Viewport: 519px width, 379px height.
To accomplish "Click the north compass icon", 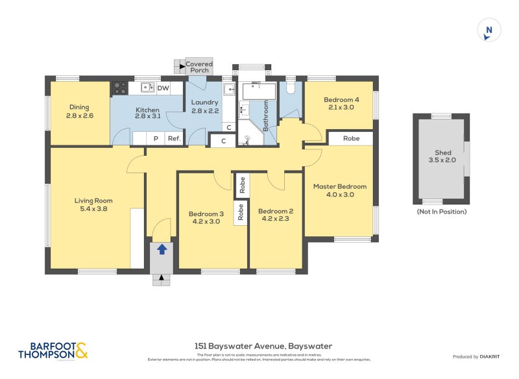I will tap(489, 31).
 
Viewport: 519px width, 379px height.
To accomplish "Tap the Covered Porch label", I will tap(199, 67).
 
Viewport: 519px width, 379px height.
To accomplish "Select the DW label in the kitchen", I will tap(163, 88).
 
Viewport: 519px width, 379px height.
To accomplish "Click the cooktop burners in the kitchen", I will tap(120, 88).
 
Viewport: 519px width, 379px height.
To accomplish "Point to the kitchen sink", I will tap(147, 88).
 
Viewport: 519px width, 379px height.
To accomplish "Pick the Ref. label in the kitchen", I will tap(174, 138).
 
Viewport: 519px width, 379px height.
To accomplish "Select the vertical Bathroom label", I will tap(266, 117).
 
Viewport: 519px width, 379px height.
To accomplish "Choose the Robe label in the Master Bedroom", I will tap(351, 138).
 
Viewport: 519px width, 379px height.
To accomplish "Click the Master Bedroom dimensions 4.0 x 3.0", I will tap(340, 195).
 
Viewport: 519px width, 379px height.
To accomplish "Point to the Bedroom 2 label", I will tap(276, 211).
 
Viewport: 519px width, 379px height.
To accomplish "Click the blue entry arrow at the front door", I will tap(162, 249).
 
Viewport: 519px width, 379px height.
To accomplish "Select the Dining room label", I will tap(80, 107).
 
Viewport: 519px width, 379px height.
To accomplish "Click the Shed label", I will tap(442, 153).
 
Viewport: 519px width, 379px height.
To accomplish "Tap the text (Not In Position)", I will tap(441, 212).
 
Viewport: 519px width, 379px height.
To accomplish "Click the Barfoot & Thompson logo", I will tap(52, 350).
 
